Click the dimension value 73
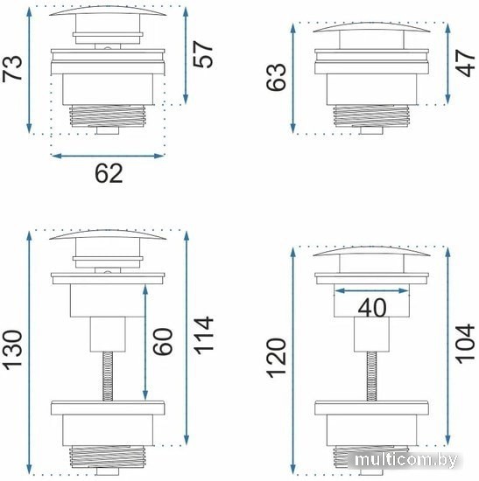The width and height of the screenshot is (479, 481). coord(12,68)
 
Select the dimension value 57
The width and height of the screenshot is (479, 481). coord(203,54)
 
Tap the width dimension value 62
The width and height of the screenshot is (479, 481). coord(109,173)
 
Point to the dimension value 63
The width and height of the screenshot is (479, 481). coord(276,77)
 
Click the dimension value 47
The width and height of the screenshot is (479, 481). coord(466,64)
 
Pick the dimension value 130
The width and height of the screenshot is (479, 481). coord(12,349)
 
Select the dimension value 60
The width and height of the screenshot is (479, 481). coord(162,342)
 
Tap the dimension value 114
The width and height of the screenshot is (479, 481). coord(203,335)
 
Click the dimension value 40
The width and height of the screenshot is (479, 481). coord(372,308)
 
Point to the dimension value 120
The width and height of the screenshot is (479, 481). coord(276,358)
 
